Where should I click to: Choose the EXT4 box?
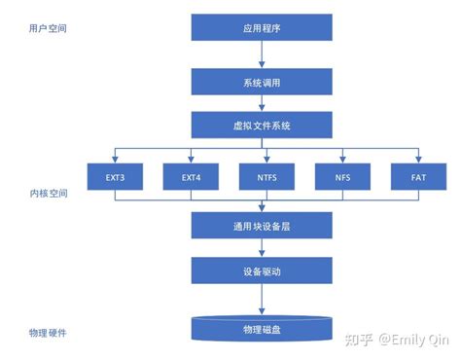(190, 177)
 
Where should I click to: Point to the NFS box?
(342, 177)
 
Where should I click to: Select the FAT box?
(417, 177)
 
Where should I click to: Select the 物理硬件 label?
(49, 333)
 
